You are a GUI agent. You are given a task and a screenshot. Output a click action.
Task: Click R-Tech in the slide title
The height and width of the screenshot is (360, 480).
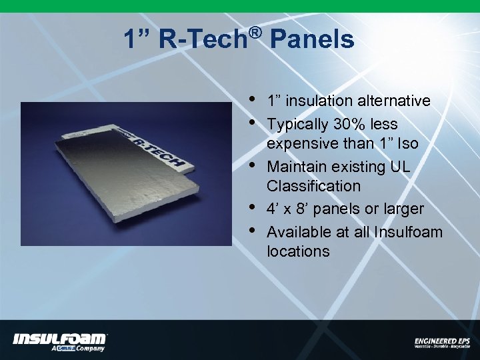203,40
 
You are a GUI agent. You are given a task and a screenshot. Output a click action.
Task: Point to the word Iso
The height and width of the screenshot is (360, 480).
409,143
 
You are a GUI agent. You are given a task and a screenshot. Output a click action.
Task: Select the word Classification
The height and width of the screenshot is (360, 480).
313,186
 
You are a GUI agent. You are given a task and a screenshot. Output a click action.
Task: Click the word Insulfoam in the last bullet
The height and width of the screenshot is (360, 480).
409,231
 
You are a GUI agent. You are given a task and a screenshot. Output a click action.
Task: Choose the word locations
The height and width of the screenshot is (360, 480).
298,251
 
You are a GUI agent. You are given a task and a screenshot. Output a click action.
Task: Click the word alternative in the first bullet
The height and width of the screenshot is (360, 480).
394,101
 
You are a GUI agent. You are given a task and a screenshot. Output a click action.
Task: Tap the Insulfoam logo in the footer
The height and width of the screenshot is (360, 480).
60,341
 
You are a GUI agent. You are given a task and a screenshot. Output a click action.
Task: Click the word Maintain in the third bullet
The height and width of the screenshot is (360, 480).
296,166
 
